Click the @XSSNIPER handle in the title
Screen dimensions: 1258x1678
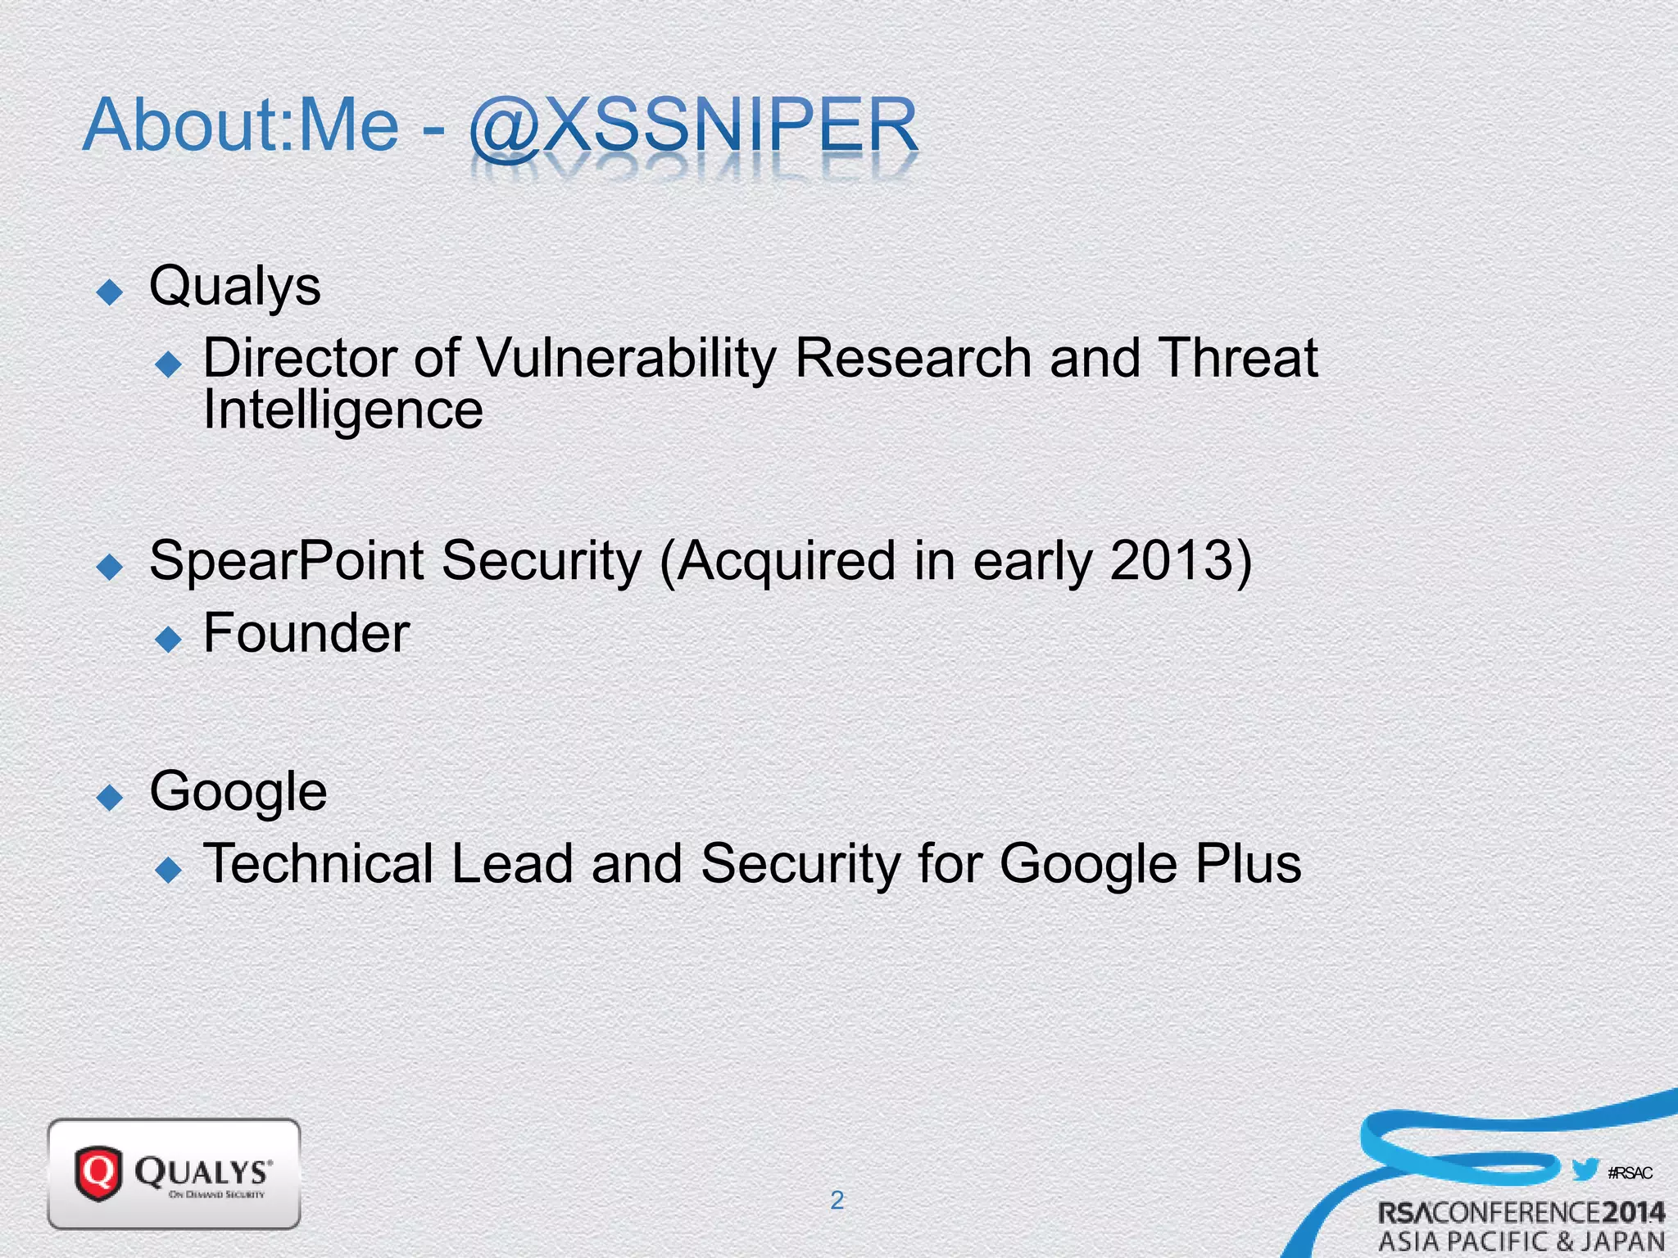click(693, 127)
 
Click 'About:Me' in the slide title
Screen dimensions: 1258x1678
click(241, 127)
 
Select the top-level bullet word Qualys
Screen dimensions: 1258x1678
click(235, 287)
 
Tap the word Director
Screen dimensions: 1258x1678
click(299, 359)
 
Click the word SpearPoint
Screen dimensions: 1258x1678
click(286, 563)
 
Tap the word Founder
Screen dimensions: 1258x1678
click(306, 634)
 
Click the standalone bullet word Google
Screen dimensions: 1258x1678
click(238, 793)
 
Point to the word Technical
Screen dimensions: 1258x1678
click(318, 865)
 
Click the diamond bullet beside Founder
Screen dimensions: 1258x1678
click(169, 639)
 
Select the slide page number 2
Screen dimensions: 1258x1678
click(837, 1200)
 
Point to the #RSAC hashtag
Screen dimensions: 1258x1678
click(1630, 1173)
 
